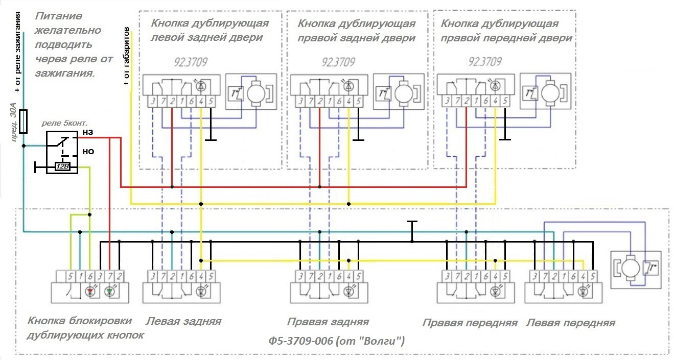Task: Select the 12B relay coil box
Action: (62, 166)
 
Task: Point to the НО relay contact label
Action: (88, 152)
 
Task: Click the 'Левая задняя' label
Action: (183, 321)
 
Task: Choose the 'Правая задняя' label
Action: (328, 322)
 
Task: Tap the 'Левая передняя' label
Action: (570, 323)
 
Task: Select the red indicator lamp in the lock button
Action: (90, 292)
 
